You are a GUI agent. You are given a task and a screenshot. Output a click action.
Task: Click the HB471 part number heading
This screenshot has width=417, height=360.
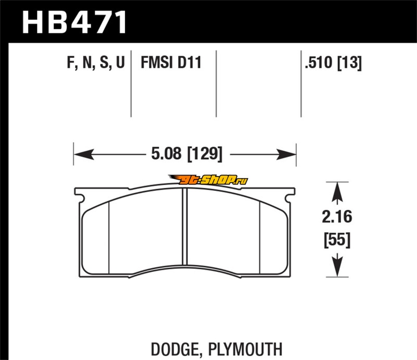click(74, 22)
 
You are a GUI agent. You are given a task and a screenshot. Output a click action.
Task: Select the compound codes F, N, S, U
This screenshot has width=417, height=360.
click(96, 63)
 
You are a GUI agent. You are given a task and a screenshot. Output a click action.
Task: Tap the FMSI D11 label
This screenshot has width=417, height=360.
click(171, 63)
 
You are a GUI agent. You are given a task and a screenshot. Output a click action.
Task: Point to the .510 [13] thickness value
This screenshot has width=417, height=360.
click(333, 63)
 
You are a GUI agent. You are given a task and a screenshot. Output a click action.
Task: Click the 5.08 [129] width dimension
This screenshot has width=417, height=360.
click(187, 154)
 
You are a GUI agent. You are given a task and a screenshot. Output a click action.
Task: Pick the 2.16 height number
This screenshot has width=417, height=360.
click(337, 217)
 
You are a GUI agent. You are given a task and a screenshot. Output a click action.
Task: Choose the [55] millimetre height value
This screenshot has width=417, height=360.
click(337, 240)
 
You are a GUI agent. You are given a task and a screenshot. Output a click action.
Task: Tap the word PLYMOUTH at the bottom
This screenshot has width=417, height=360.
click(245, 349)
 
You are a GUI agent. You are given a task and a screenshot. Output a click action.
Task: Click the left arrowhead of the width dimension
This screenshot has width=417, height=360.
click(84, 154)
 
